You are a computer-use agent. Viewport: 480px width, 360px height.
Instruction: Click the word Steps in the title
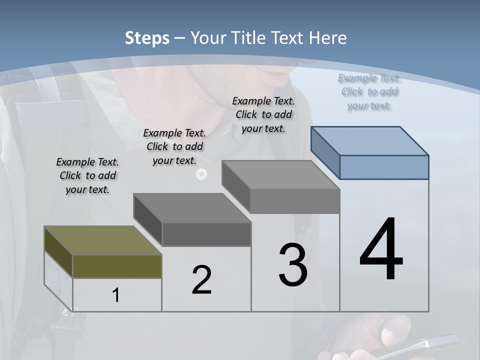tap(147, 38)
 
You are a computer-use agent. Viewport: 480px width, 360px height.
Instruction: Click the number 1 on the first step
tap(116, 295)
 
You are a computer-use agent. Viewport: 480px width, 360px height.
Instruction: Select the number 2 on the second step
tap(201, 280)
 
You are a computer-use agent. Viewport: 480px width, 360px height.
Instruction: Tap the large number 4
tap(381, 250)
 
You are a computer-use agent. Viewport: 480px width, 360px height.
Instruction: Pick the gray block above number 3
tap(281, 175)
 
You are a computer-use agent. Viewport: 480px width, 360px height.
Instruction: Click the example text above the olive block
tap(87, 175)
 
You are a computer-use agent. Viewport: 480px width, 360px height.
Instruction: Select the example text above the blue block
tap(369, 91)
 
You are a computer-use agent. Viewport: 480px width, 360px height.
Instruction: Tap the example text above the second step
tap(174, 146)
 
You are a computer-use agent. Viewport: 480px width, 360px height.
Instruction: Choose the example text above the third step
tap(263, 114)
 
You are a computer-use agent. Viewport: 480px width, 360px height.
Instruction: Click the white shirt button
tap(201, 174)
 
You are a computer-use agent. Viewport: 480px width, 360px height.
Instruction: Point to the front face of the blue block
tap(384, 167)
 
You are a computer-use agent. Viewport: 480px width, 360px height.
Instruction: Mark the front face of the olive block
tap(117, 266)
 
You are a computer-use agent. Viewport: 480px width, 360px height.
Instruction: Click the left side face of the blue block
tap(325, 152)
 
